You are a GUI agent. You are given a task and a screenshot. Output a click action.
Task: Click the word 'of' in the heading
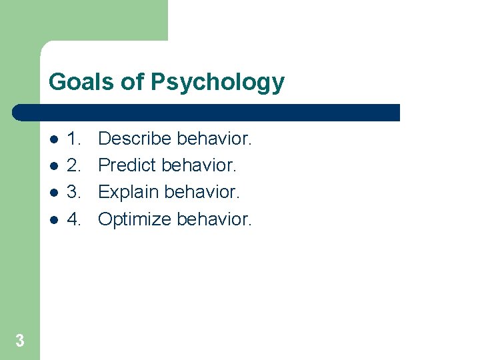coord(134,82)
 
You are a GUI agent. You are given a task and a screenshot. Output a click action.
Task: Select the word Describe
coord(135,139)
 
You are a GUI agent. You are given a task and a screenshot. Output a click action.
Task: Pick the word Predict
coord(127,165)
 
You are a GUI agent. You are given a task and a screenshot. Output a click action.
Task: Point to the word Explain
coord(128,193)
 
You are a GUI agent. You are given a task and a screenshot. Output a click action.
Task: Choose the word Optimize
coord(135,219)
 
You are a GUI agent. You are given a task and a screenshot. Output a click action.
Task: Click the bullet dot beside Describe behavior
coord(53,140)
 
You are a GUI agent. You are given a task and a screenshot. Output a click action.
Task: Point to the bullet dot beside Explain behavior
coord(53,193)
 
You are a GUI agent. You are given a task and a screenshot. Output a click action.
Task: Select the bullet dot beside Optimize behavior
coord(53,220)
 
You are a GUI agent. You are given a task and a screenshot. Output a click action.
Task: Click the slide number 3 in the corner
coord(20,341)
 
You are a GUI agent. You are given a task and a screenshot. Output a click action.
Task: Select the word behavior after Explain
coord(201,192)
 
